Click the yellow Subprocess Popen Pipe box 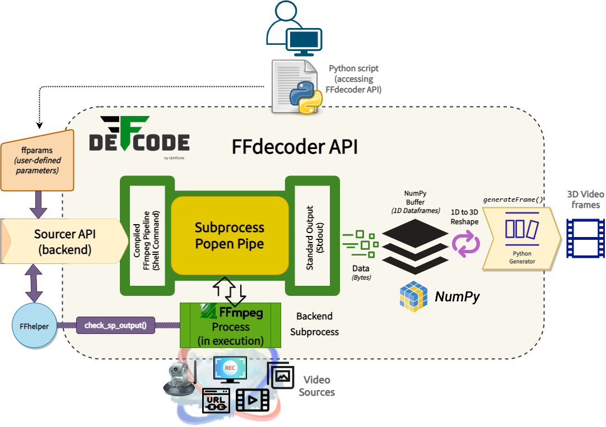pyautogui.click(x=229, y=235)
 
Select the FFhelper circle pyautogui.click(x=34, y=326)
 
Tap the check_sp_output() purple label pyautogui.click(x=115, y=325)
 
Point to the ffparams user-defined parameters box pyautogui.click(x=37, y=160)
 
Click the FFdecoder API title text pyautogui.click(x=294, y=147)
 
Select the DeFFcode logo pyautogui.click(x=139, y=134)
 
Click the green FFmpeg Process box pyautogui.click(x=230, y=326)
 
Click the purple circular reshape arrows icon pyautogui.click(x=466, y=245)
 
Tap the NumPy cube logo pyautogui.click(x=414, y=296)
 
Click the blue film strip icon pyautogui.click(x=585, y=238)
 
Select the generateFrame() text pyautogui.click(x=512, y=199)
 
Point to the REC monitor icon pyautogui.click(x=229, y=370)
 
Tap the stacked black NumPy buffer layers pyautogui.click(x=415, y=243)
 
